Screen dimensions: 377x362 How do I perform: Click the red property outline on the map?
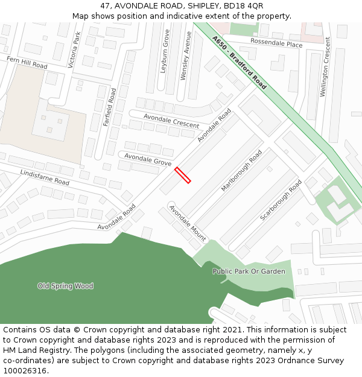tap(183, 176)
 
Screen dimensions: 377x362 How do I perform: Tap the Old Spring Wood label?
tap(66, 286)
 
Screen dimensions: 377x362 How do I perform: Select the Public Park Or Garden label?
tap(249, 271)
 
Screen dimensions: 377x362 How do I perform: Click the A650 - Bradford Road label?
tap(239, 63)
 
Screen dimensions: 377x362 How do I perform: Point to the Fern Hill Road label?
tap(27, 63)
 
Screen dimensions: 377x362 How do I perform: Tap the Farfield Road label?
tap(109, 107)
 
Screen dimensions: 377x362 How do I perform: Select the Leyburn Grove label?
tap(165, 52)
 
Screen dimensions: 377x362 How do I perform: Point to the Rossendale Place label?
tap(276, 44)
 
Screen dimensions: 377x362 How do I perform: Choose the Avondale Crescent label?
tap(171, 121)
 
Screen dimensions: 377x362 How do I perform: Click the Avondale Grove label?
tap(148, 159)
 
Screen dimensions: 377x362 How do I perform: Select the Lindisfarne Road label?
tap(45, 177)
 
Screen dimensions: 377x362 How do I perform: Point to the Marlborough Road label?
tap(242, 171)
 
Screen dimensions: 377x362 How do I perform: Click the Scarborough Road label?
tap(281, 200)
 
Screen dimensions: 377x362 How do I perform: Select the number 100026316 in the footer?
tap(25, 370)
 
